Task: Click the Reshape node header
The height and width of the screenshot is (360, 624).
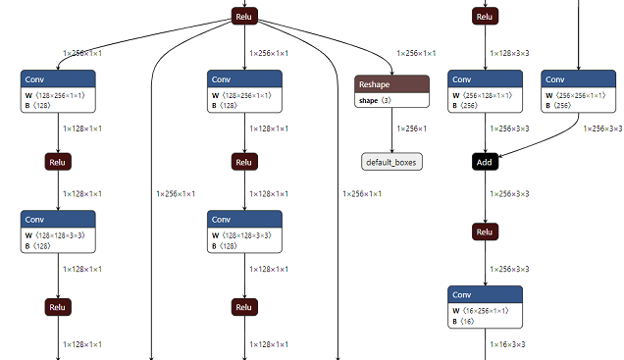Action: point(391,85)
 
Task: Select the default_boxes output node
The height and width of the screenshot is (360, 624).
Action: point(391,161)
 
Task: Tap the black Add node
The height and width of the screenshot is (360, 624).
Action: point(485,161)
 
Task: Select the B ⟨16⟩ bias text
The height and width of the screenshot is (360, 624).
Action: point(465,321)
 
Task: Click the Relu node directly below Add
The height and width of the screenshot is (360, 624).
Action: point(485,232)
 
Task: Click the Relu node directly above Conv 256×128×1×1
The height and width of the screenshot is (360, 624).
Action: point(485,16)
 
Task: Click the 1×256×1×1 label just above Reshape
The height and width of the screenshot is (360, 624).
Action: point(416,53)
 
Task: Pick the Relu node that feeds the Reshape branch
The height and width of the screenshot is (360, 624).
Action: point(244,16)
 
